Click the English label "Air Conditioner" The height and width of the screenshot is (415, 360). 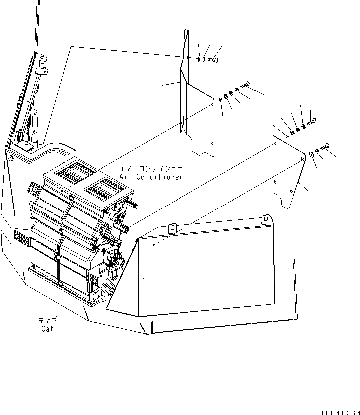point(151,177)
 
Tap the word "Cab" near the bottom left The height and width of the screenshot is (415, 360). point(48,329)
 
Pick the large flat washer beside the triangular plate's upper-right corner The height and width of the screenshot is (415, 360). point(312,154)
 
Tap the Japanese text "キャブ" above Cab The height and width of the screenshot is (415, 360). point(48,320)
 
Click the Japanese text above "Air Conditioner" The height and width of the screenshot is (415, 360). point(151,169)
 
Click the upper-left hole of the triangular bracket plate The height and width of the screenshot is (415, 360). point(275,144)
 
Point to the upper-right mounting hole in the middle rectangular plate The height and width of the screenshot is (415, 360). point(212,104)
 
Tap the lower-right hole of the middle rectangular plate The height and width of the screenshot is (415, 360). point(212,143)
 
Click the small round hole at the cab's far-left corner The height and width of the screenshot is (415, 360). point(10,158)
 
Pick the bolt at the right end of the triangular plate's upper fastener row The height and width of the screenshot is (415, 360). point(312,121)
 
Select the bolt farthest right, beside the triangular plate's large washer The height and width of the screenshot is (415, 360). point(325,146)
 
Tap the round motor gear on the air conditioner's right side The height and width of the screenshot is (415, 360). point(119,218)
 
